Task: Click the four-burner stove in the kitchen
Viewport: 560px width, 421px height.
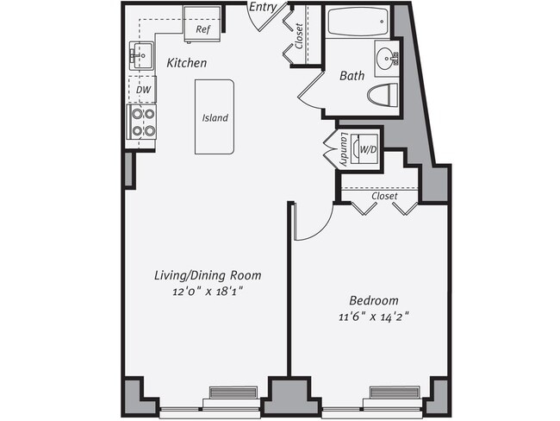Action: pos(142,123)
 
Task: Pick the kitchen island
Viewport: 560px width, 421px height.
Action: pos(215,117)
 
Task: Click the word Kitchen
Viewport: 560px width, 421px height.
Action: pos(186,63)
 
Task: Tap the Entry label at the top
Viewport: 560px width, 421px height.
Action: pos(262,8)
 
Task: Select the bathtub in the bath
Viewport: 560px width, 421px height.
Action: pos(357,22)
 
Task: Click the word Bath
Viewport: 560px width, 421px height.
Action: pos(352,76)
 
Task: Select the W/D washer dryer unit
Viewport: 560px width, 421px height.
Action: pos(368,149)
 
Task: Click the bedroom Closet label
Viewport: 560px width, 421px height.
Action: pos(384,196)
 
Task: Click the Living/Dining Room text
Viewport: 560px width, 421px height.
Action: pos(207,275)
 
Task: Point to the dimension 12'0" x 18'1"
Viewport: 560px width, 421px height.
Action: pos(207,292)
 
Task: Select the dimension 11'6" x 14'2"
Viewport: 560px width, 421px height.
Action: pos(373,317)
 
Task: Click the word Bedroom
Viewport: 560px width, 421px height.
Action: pos(373,300)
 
